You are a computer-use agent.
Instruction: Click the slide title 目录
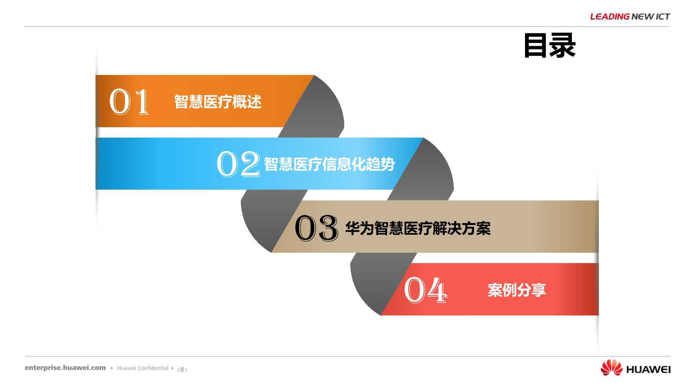pos(550,45)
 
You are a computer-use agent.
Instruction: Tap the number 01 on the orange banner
pos(129,101)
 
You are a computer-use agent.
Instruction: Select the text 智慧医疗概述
pos(218,102)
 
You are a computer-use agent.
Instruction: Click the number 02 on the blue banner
pos(238,164)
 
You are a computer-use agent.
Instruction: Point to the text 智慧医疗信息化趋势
pos(329,164)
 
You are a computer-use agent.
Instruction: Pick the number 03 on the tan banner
pos(316,227)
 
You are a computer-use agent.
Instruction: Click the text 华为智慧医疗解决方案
pos(418,228)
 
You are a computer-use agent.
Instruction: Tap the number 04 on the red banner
pos(426,289)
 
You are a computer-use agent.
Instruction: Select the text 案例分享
pos(517,290)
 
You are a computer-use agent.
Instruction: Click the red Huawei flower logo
pos(611,368)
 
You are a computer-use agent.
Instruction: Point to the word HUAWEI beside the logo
pos(648,370)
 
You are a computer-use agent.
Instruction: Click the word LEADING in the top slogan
pos(610,16)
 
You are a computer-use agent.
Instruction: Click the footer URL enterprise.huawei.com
pos(65,368)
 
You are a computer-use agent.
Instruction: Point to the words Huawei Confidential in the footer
pos(143,368)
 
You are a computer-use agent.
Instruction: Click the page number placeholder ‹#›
pos(182,370)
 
